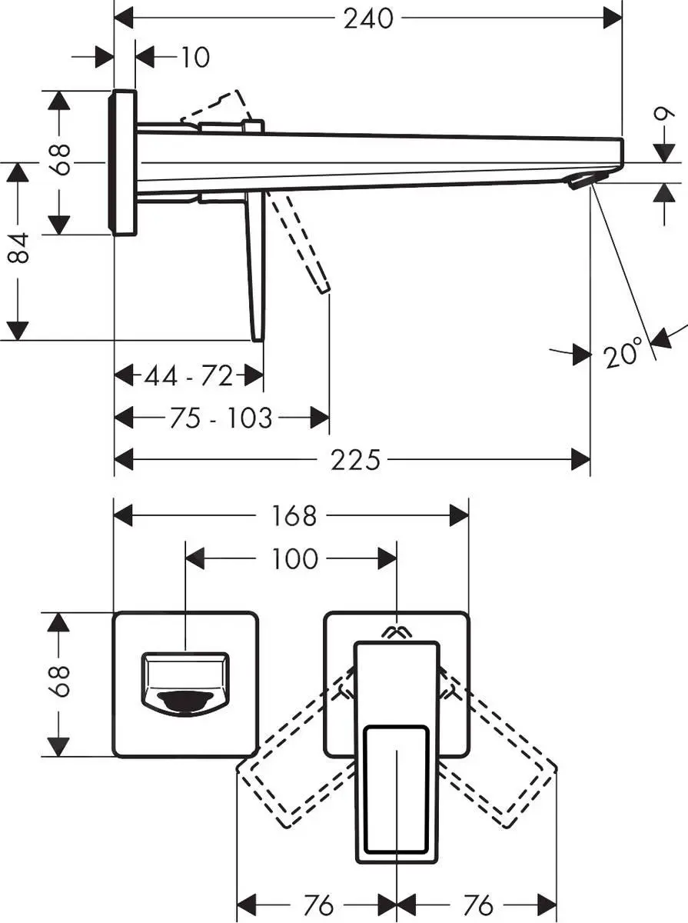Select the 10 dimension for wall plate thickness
tap(195, 57)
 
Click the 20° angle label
tap(623, 355)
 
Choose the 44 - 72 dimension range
tap(188, 376)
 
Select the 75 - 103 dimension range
tap(220, 418)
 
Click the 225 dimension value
tap(355, 460)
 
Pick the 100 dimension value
tap(294, 558)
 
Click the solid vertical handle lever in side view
tap(256, 265)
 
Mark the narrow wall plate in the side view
tap(125, 162)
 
